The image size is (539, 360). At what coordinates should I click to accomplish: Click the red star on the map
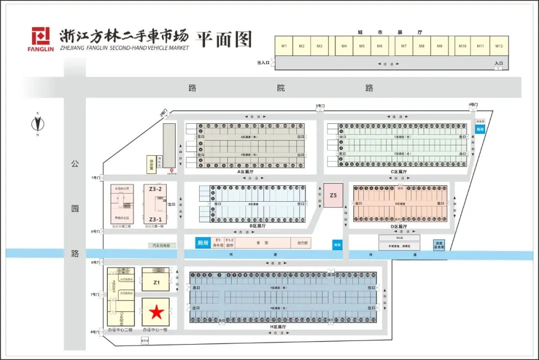point(156,313)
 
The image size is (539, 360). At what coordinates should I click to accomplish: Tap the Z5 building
point(333,195)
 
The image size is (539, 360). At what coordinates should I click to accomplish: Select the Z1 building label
point(156,283)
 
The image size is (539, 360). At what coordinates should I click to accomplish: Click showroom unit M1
point(284,46)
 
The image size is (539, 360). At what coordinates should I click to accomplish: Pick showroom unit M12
point(499,46)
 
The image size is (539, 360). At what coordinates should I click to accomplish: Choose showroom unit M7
point(403,46)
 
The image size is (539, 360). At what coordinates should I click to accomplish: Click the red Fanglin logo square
point(40,36)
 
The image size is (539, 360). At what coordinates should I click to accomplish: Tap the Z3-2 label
point(155,189)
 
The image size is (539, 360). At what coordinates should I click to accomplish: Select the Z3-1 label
point(155,219)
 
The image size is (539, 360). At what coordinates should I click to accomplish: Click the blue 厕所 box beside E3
point(202,243)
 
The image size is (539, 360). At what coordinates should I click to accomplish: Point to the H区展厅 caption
point(278,327)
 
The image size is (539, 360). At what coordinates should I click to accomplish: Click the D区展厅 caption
point(398,226)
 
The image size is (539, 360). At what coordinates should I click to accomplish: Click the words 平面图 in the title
point(224,39)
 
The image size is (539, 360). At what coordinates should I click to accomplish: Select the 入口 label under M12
point(498,63)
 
